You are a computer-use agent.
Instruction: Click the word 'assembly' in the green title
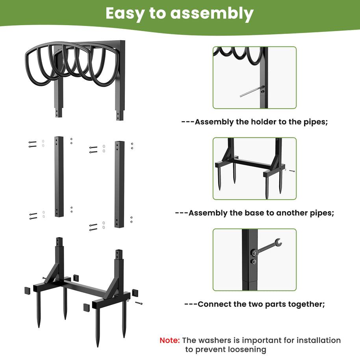pyautogui.click(x=212, y=14)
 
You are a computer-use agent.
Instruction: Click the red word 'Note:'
pyautogui.click(x=170, y=340)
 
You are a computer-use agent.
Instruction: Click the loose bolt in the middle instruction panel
pyautogui.click(x=291, y=171)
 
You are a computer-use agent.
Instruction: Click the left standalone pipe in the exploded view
pyautogui.click(x=59, y=177)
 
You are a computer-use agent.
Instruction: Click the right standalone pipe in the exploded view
pyautogui.click(x=119, y=184)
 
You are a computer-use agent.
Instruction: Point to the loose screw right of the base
pyautogui.click(x=139, y=303)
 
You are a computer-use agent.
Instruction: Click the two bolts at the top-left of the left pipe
pyautogui.click(x=32, y=144)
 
